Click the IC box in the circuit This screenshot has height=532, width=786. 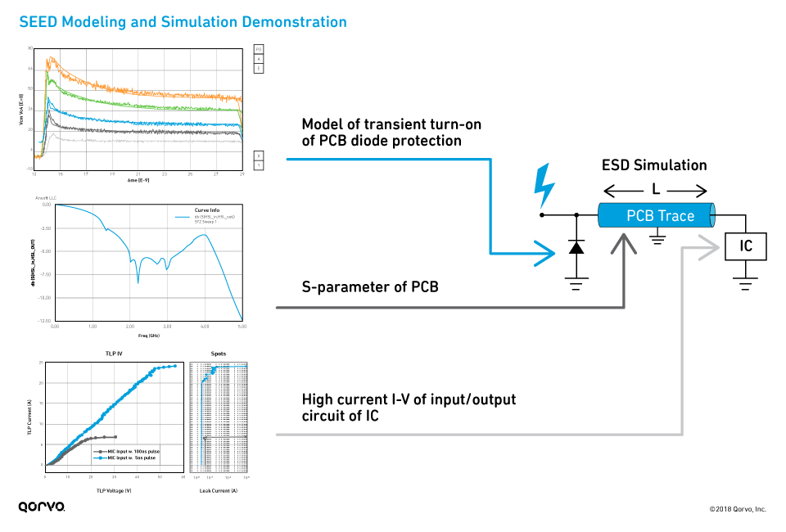[746, 246]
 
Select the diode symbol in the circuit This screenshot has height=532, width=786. [576, 246]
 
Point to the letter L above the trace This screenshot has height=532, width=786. [656, 190]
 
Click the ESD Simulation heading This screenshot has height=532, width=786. [654, 165]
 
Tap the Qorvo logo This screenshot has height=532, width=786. [42, 507]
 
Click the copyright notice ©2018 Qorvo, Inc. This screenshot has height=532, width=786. [737, 509]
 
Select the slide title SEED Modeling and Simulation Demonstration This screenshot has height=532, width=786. [183, 22]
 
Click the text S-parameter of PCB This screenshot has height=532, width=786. [370, 286]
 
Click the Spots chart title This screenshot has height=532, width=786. [219, 354]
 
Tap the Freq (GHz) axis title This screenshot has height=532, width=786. [148, 335]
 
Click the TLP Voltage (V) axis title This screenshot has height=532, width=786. [114, 490]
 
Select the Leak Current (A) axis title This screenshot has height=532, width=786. [219, 490]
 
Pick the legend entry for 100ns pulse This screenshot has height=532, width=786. [129, 451]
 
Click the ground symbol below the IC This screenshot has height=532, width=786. [745, 285]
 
